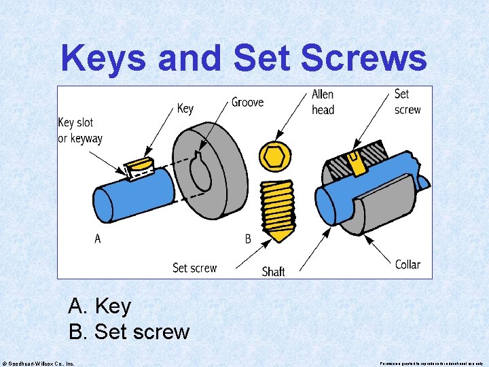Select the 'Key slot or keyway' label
point(80,130)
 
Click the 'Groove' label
point(247,102)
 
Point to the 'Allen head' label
point(323,102)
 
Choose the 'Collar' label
point(407,264)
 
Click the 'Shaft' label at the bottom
point(274,271)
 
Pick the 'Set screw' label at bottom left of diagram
point(194,268)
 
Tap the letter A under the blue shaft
point(98,239)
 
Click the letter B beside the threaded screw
point(248,239)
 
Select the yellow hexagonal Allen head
point(274,157)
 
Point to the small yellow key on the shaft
point(140,165)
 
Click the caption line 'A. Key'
point(99,306)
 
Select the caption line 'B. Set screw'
point(129,332)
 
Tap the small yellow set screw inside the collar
point(353,162)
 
